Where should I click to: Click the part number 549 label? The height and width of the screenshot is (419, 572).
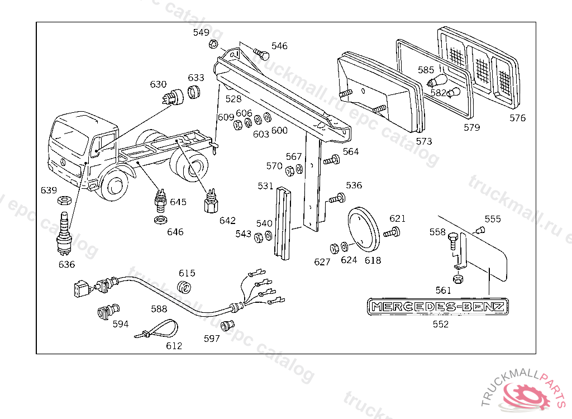point(201,32)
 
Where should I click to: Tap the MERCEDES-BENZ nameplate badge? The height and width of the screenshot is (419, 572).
point(438,306)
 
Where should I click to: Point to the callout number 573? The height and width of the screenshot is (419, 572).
point(424,142)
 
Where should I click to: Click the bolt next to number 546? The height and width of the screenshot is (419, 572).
point(261,54)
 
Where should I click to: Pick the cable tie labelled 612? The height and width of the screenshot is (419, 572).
point(158,330)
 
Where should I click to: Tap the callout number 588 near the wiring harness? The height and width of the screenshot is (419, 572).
point(159,308)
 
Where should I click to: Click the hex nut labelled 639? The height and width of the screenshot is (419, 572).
point(64,200)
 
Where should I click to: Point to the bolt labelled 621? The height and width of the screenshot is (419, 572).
point(393,232)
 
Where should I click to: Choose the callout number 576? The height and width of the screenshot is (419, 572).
point(517,118)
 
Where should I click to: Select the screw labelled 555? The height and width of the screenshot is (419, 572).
point(479,229)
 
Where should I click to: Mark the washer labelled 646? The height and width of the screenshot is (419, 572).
point(160,218)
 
